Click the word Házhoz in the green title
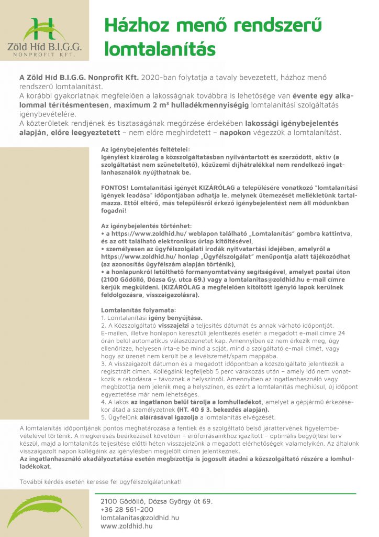(132, 25)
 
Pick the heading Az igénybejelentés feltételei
(146, 149)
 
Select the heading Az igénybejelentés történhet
(146, 225)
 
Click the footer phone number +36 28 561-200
(127, 509)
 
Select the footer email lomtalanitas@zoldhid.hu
(140, 517)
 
